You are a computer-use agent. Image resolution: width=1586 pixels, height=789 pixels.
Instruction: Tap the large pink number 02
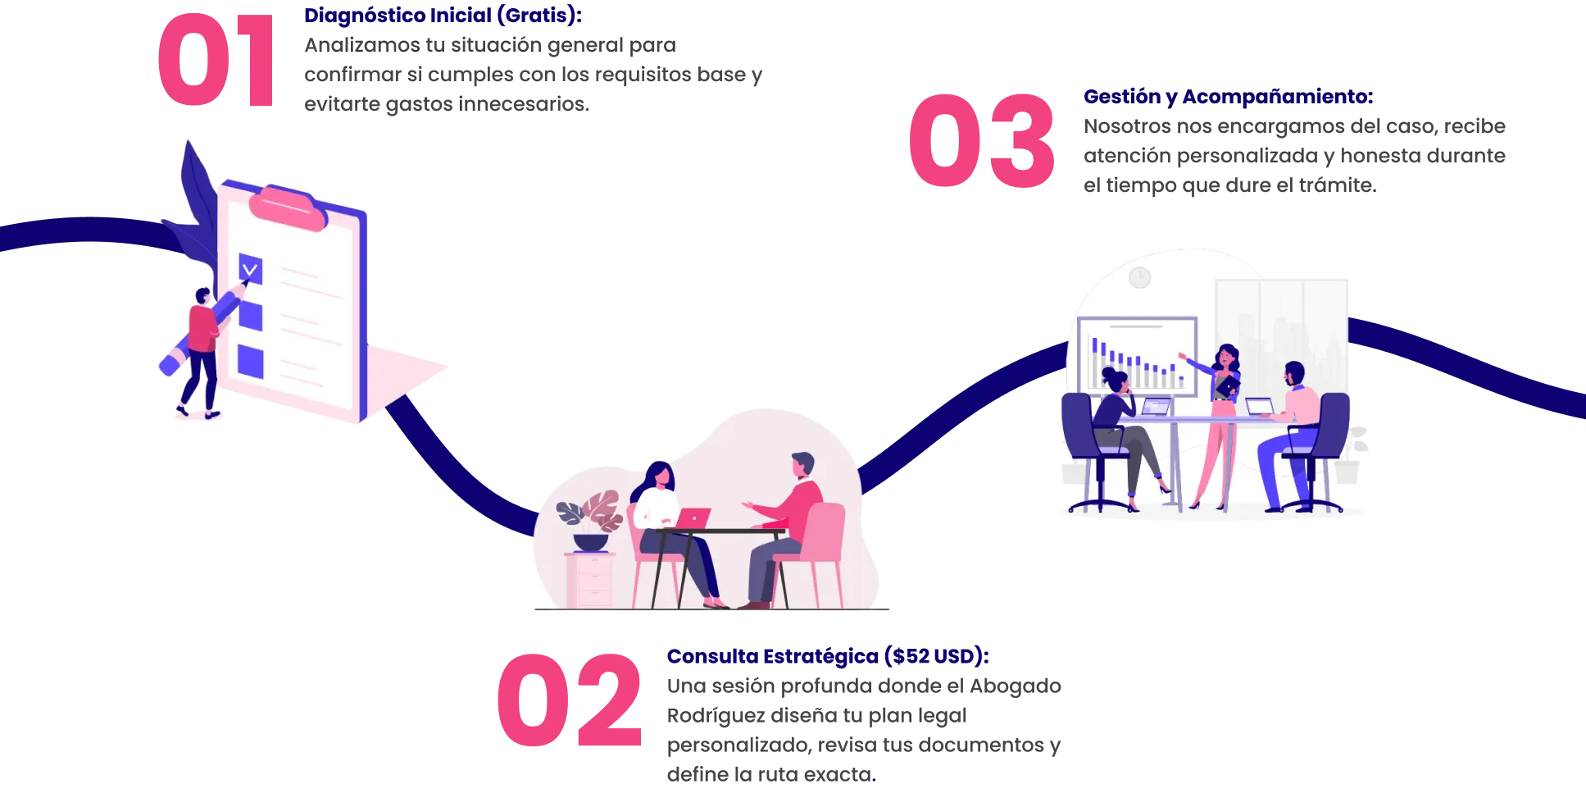(569, 700)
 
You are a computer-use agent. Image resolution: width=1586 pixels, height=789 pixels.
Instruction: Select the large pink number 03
(981, 141)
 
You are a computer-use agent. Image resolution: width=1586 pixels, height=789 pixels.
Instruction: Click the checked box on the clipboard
(250, 268)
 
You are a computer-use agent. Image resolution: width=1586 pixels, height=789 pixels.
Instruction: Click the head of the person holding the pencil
(202, 294)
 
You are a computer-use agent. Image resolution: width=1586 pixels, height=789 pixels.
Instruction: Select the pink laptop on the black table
(694, 518)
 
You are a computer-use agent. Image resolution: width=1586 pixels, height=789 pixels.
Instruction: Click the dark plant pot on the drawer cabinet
(590, 542)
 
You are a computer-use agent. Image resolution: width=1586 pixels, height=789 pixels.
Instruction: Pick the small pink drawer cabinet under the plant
(590, 580)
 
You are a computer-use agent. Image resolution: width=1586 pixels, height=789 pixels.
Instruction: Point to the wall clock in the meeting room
(1139, 278)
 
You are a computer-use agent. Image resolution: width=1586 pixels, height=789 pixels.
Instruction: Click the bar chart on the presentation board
(1136, 362)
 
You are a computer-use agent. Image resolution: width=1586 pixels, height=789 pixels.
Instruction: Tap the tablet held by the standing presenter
(1228, 383)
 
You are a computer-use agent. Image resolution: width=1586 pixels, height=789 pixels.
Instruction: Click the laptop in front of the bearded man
(1260, 407)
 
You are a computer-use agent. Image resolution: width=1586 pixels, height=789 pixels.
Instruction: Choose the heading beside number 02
(828, 656)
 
